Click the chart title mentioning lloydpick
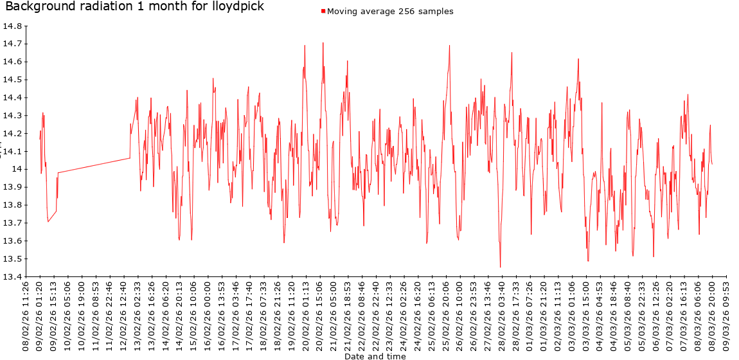[134, 6]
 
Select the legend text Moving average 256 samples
[390, 12]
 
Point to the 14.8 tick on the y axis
[12, 26]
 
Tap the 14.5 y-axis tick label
[12, 80]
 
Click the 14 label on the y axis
[17, 169]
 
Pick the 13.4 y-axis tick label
[12, 277]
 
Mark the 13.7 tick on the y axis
[12, 223]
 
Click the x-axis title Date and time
[375, 356]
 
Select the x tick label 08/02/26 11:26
[26, 315]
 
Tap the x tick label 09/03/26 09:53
[726, 315]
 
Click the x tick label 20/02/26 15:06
[320, 315]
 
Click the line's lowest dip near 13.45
[500, 267]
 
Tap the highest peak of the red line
[323, 43]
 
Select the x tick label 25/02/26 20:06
[446, 315]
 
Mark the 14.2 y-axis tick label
[12, 134]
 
